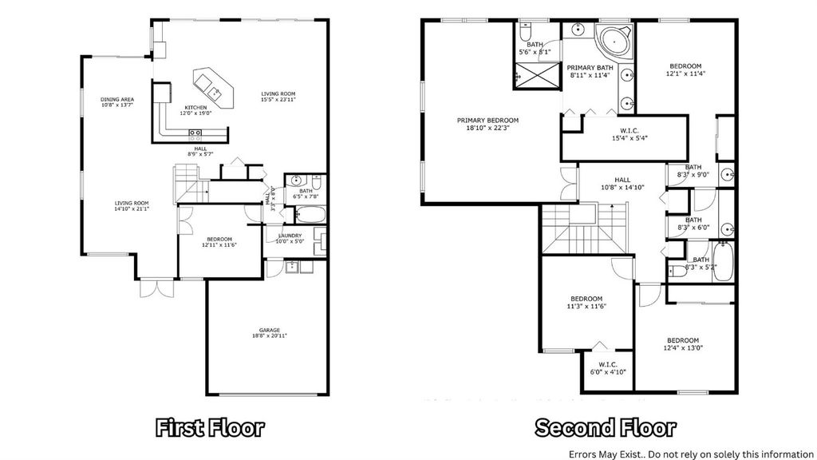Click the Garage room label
[269, 332]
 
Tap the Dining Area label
[116, 101]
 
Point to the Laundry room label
[289, 237]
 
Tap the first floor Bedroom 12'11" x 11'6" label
[219, 242]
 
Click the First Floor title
[210, 427]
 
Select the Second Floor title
[605, 427]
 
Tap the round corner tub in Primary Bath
[615, 39]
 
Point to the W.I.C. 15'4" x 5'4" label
[623, 134]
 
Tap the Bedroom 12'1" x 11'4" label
[685, 69]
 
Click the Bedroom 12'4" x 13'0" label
[684, 343]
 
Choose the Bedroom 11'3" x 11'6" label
[586, 302]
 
